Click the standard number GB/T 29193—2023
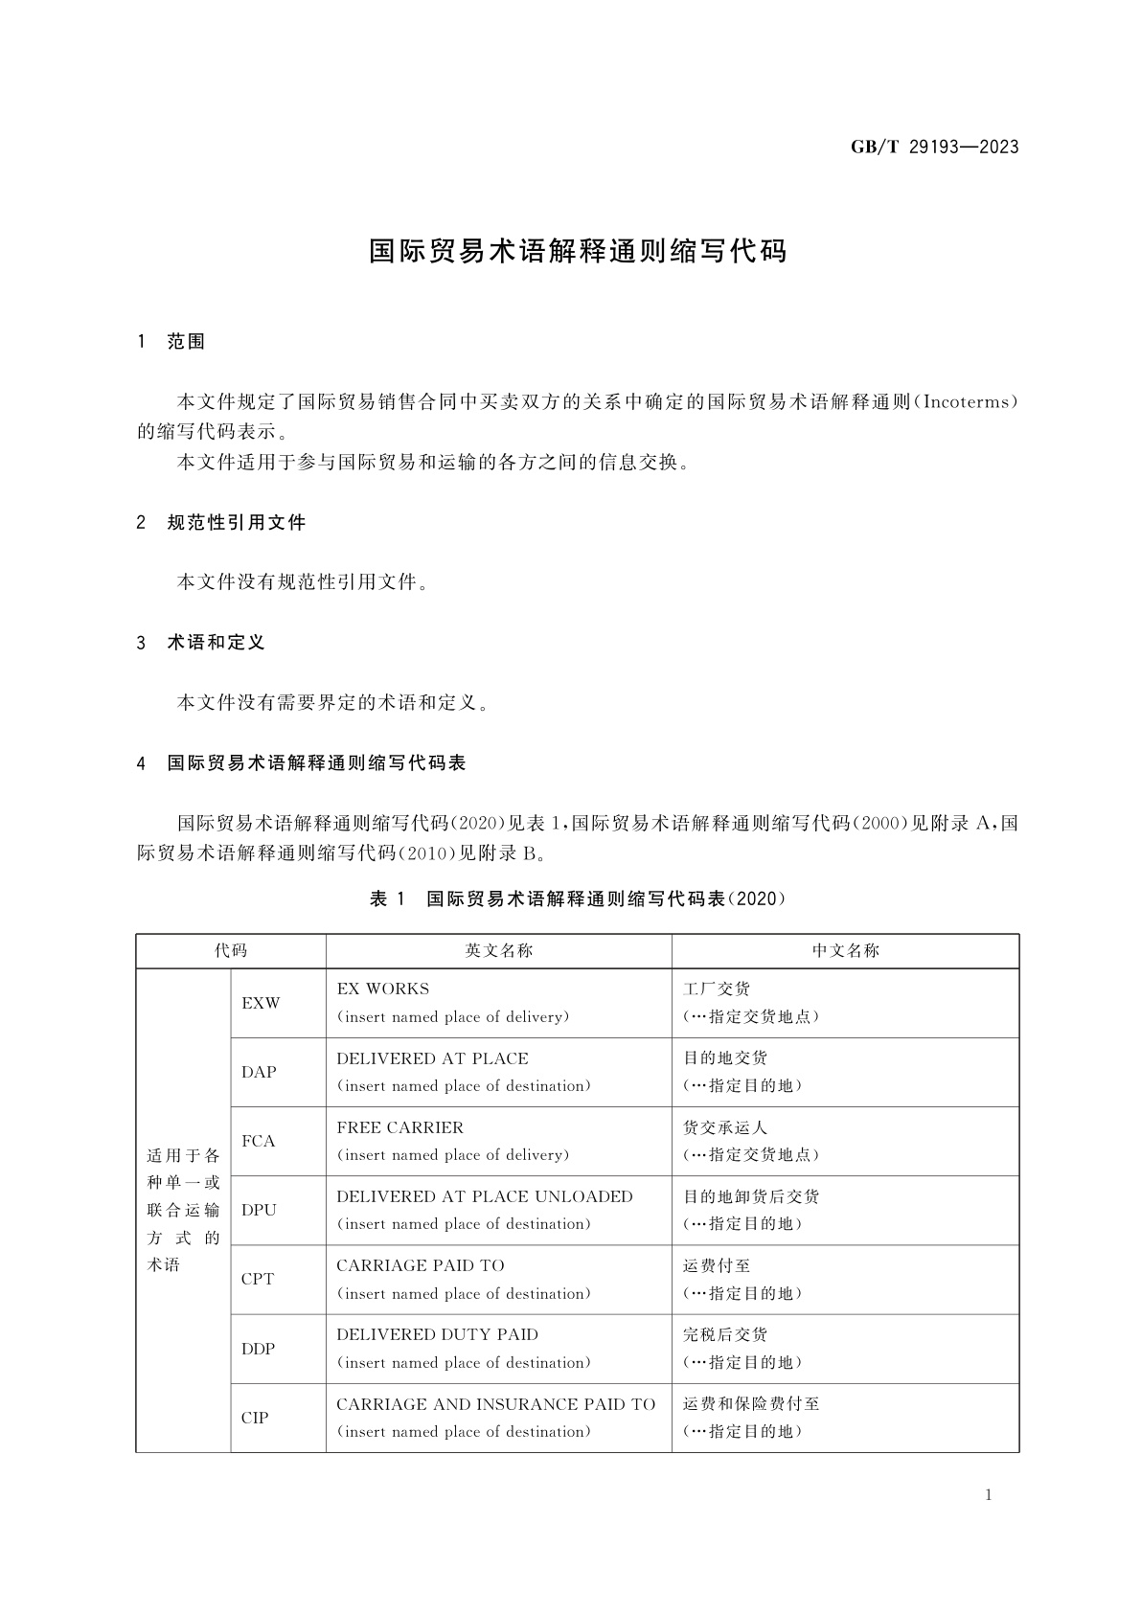[x=934, y=148]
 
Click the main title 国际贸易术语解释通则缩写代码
[x=578, y=251]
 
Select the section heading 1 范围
[x=172, y=342]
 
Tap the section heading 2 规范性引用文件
[x=222, y=523]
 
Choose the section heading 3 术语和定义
[x=202, y=643]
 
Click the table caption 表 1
[x=388, y=899]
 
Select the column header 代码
[x=231, y=951]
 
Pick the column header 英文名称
[x=498, y=951]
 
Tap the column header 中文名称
[x=845, y=951]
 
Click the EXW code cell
[x=261, y=1004]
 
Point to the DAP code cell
[x=259, y=1073]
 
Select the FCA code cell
[x=259, y=1142]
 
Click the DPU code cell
[x=259, y=1211]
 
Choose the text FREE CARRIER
[x=399, y=1128]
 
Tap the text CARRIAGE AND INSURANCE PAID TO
[x=495, y=1405]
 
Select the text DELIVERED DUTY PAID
[x=437, y=1335]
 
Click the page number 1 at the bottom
[x=989, y=1496]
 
